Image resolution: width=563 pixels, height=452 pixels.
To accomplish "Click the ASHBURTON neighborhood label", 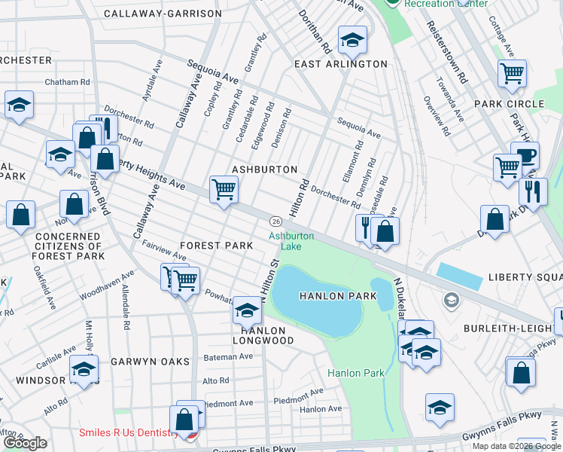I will point(264,169).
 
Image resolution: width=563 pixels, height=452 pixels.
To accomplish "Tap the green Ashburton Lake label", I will point(291,240).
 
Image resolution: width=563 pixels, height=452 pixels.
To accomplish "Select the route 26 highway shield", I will point(276,221).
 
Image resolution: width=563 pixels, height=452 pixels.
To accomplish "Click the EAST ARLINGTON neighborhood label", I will point(340,64).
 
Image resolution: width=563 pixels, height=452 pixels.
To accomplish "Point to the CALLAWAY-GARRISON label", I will point(163,14).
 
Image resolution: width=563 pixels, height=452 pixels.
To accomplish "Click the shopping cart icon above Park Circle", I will point(512,73).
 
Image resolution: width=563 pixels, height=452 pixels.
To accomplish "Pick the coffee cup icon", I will point(525,155).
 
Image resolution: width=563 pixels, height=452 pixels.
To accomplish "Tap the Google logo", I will point(25,443).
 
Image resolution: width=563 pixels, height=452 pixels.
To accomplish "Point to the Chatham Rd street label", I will point(68,81).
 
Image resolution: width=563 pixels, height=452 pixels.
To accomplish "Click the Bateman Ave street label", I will point(228,356).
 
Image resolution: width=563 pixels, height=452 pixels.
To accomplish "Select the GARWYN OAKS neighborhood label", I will point(150,362).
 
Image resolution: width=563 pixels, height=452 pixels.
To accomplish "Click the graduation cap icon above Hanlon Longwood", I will point(247,309).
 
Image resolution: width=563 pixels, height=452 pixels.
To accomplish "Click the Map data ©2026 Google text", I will point(516,446).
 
